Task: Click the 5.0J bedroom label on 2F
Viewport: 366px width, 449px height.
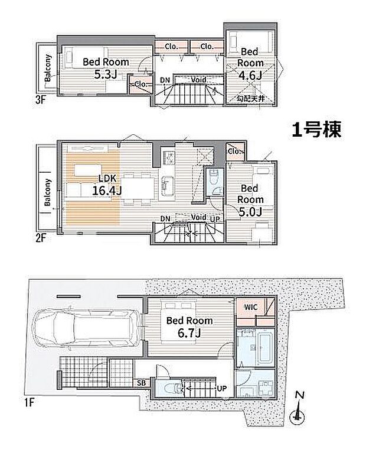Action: tap(251, 211)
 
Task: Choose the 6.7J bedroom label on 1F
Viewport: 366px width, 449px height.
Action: tap(188, 333)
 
